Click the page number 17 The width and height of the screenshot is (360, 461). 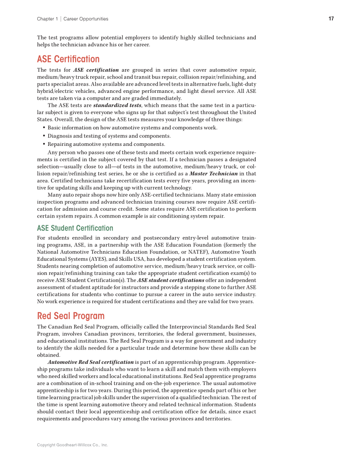click(331, 19)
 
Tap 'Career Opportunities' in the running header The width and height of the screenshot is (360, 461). click(86, 19)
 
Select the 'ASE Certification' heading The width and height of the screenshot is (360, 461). click(68, 59)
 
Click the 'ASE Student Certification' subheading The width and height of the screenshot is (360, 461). click(75, 228)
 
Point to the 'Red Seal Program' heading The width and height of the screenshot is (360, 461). click(70, 316)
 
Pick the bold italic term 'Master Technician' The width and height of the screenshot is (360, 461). click(213, 173)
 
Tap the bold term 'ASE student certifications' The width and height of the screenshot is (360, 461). click(170, 280)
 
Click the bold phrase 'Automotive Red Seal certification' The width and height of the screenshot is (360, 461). click(91, 362)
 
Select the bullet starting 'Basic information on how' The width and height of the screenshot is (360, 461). click(132, 128)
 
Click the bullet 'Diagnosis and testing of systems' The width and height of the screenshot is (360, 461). click(109, 136)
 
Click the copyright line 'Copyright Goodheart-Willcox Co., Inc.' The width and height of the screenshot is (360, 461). click(73, 445)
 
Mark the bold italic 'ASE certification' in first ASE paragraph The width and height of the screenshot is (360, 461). click(96, 70)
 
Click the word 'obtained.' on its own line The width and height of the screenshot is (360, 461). click(49, 355)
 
